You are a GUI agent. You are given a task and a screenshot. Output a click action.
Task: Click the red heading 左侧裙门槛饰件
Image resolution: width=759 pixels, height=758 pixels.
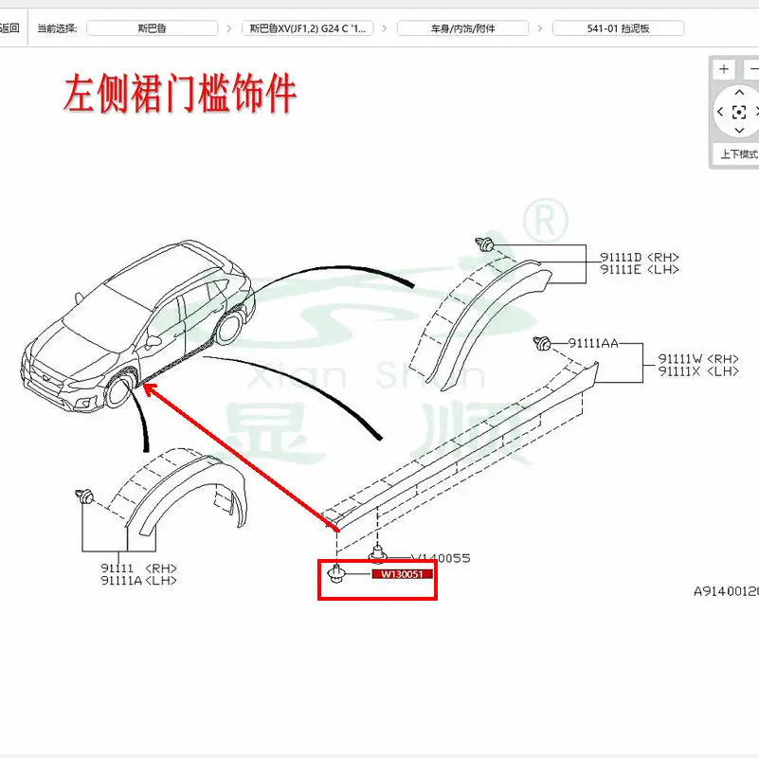click(x=180, y=95)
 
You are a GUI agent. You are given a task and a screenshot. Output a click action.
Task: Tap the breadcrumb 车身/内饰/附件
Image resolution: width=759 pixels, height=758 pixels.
click(x=462, y=28)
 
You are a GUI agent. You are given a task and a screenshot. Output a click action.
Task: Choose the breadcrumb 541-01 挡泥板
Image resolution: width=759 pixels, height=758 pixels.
click(x=618, y=28)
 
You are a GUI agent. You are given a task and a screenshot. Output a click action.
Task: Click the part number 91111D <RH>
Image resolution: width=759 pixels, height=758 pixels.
click(x=639, y=257)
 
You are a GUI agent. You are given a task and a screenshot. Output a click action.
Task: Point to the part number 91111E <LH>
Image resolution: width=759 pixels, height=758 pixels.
click(x=639, y=270)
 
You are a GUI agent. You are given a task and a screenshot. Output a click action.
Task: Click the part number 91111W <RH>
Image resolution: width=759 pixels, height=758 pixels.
click(x=698, y=359)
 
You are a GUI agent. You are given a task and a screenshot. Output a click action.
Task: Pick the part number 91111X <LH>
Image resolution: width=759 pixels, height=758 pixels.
click(x=698, y=371)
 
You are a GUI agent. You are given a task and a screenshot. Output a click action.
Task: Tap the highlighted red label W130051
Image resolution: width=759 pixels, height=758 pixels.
click(x=401, y=574)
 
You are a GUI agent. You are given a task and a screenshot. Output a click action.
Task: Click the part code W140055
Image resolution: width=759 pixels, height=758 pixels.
click(x=440, y=558)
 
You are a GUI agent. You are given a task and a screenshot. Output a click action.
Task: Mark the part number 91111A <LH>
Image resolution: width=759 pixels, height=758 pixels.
click(x=137, y=580)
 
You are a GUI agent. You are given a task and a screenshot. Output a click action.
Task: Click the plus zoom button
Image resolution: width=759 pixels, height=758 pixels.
click(x=724, y=69)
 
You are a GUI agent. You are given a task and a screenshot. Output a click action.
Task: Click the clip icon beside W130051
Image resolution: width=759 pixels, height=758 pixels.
click(x=335, y=573)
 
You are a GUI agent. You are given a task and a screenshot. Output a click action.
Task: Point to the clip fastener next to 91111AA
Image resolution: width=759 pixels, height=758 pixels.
click(x=544, y=343)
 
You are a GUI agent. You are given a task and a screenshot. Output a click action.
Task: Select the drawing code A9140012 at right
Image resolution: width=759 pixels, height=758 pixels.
click(x=726, y=590)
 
